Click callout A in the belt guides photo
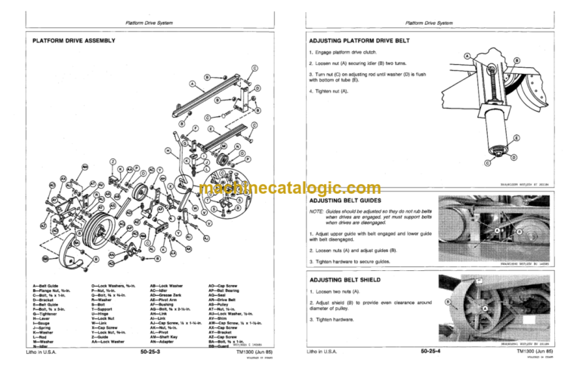[x=498, y=230]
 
